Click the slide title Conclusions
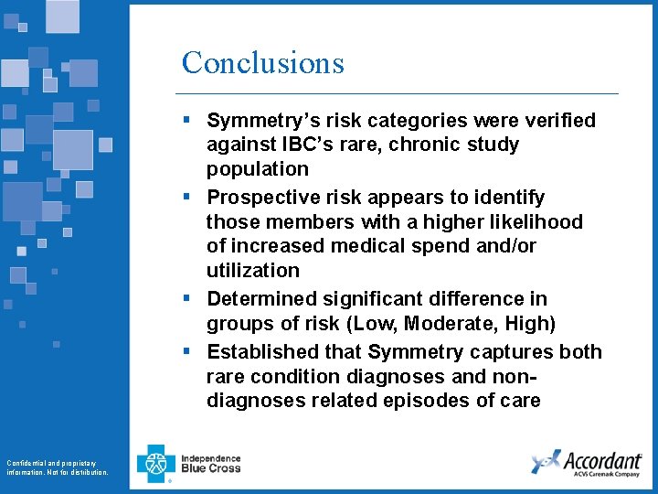[x=262, y=62]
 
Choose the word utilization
[x=252, y=270]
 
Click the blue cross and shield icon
[x=155, y=463]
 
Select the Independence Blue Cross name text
[x=211, y=463]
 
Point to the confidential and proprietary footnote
[x=57, y=467]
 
